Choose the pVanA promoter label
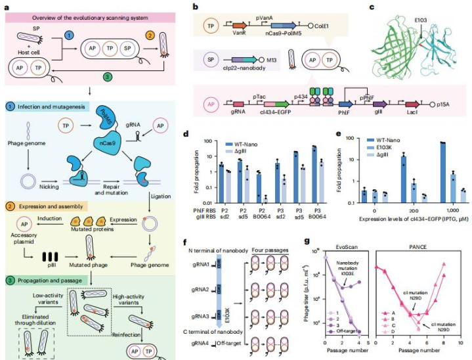tap(257, 22)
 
